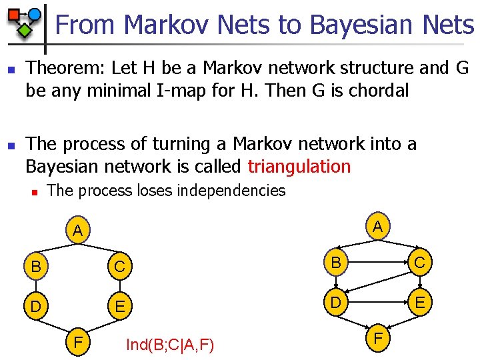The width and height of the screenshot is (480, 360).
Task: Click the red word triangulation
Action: click(x=299, y=166)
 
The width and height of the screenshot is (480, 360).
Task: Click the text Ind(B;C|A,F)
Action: click(x=170, y=345)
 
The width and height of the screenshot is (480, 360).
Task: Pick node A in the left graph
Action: click(x=78, y=231)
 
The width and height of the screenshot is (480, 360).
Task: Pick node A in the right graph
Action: click(x=378, y=227)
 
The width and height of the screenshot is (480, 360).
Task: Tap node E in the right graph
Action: click(x=420, y=303)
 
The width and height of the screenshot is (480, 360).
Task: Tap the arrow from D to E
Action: click(x=377, y=303)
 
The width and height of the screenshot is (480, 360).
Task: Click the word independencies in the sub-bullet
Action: click(x=231, y=191)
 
